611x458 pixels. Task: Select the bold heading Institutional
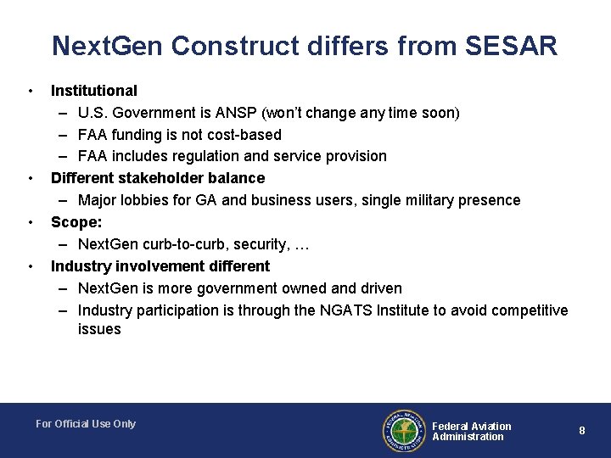[x=93, y=90]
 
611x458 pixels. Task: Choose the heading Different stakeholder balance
[x=158, y=178]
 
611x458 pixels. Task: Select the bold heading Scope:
[x=75, y=222]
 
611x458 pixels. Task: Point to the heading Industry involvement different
[x=160, y=266]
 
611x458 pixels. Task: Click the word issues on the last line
[x=99, y=329]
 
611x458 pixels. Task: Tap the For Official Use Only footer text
[x=86, y=424]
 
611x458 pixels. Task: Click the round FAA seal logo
[x=403, y=431]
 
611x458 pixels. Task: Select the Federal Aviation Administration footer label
[x=472, y=431]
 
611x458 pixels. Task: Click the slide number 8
[x=582, y=431]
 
